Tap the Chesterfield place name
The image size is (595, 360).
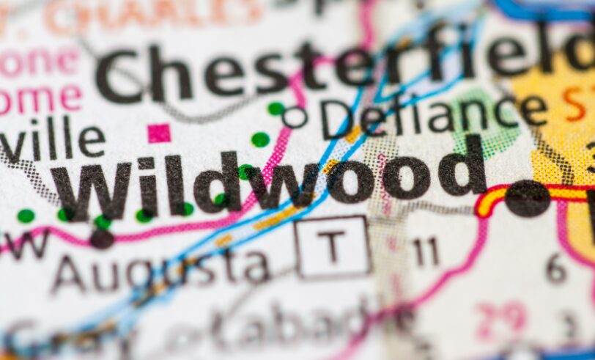click(x=344, y=70)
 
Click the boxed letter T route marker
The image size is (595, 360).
click(x=333, y=246)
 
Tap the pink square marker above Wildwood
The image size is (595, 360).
click(x=158, y=133)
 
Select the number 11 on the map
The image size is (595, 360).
click(x=425, y=252)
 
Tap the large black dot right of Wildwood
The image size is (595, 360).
click(x=527, y=199)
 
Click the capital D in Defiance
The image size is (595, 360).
click(x=339, y=119)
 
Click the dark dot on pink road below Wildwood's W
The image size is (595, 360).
click(x=101, y=238)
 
